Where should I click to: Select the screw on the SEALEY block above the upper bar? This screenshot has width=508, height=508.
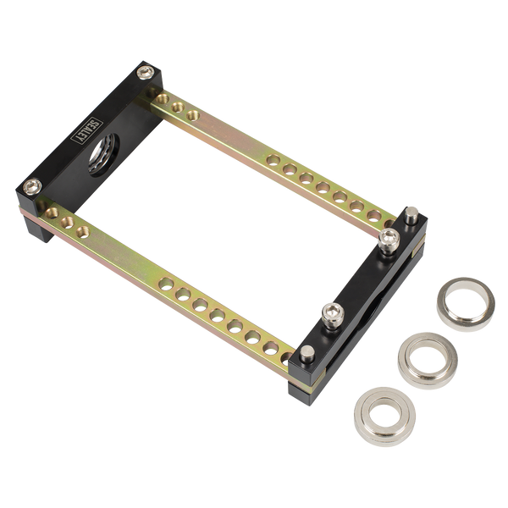click(150, 75)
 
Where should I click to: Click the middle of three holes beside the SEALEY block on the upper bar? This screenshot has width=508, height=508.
click(180, 106)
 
